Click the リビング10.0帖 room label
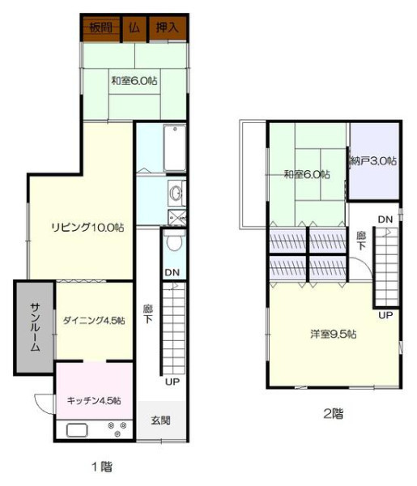(87, 227)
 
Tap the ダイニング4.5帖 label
(94, 320)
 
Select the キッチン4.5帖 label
(94, 400)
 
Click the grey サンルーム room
(35, 327)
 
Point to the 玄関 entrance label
(161, 420)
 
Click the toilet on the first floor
(174, 240)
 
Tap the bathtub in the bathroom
(175, 148)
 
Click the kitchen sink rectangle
(77, 431)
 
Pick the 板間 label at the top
(101, 28)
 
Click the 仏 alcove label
(134, 28)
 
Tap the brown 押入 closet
(168, 28)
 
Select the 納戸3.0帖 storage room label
(373, 161)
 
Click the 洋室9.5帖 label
(334, 334)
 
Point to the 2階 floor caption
(334, 413)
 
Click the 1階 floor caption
(102, 467)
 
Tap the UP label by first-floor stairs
(172, 382)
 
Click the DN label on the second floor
(385, 220)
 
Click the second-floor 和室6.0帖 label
(307, 174)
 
